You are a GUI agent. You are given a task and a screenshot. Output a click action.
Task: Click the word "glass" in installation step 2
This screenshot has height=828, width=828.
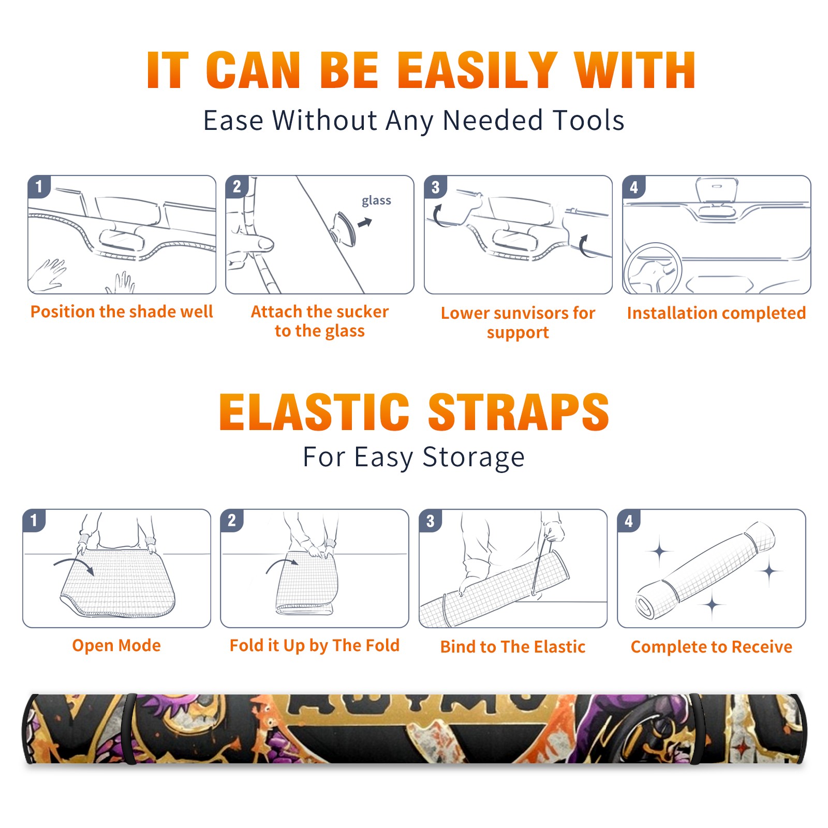376,201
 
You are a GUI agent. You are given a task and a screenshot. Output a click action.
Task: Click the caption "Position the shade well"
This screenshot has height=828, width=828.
122,312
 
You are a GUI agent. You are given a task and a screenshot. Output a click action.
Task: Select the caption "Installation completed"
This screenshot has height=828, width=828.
716,313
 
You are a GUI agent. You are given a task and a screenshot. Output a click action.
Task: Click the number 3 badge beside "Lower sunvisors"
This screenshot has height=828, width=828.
435,187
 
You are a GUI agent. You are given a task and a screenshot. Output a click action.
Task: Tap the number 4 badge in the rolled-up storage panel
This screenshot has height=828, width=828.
629,521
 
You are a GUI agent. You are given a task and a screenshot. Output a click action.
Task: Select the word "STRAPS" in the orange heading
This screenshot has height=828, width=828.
519,412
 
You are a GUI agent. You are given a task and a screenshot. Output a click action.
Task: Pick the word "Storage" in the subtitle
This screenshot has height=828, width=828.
474,457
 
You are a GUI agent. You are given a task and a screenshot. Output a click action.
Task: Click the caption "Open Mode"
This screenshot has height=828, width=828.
116,645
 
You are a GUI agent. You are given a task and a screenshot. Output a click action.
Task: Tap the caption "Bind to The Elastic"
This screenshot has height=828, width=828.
513,647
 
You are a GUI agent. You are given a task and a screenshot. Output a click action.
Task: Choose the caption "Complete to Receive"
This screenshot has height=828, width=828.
712,647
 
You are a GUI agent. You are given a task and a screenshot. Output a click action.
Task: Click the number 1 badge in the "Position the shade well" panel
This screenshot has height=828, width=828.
39,187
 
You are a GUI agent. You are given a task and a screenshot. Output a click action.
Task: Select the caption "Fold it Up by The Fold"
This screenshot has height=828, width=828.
315,645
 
